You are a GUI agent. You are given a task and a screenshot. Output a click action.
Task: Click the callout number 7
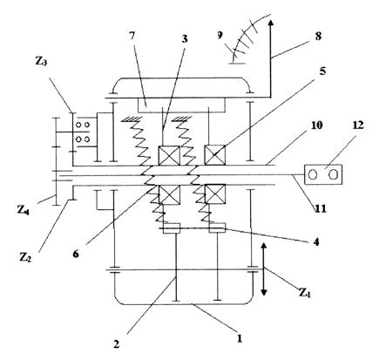[132, 37]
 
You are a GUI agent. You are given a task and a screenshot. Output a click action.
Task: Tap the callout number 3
[185, 38]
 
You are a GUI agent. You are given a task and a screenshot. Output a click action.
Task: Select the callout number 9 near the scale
[220, 35]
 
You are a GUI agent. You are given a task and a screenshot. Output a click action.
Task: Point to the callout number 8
[318, 37]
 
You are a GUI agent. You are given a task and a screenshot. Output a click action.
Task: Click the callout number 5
[322, 71]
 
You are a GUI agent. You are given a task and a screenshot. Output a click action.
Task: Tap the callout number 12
[358, 126]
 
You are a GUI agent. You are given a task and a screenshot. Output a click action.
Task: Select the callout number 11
[321, 208]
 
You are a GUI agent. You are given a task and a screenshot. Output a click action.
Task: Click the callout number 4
[316, 241]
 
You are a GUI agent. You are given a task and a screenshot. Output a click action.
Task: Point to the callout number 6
[76, 254]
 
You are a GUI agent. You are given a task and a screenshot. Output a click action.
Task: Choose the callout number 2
[116, 344]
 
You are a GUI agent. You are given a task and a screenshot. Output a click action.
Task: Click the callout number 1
[240, 339]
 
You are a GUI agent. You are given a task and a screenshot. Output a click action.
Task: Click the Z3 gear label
[41, 62]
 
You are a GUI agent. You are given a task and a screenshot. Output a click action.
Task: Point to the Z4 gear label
[23, 210]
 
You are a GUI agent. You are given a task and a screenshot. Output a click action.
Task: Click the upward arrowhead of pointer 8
[270, 24]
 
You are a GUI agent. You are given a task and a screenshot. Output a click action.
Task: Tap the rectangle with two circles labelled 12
[323, 174]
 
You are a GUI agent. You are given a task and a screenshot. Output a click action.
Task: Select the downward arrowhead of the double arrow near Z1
[264, 290]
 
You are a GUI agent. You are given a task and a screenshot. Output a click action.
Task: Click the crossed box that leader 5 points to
[215, 155]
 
